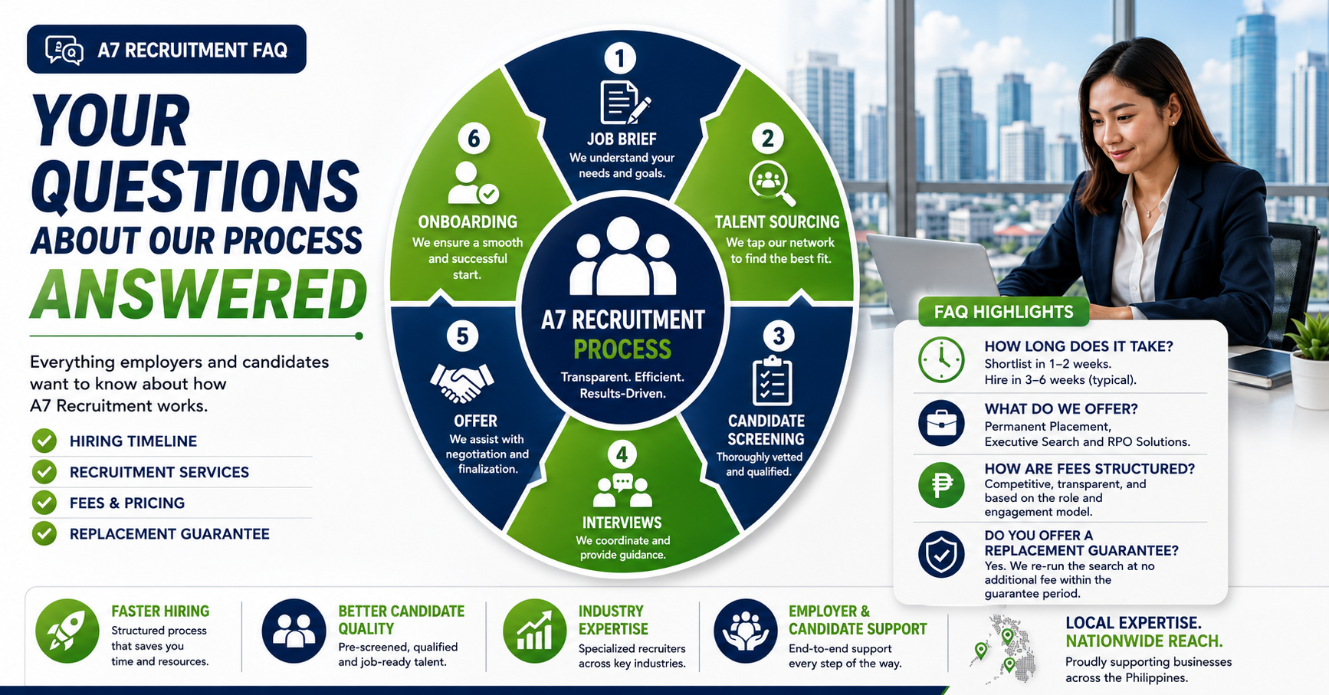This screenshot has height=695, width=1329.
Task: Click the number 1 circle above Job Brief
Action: coord(620,58)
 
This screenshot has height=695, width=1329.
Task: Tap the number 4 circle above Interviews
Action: coord(622,454)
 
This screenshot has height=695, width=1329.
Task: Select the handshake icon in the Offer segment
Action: coord(462,382)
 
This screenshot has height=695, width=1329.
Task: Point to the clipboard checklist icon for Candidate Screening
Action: coord(772,380)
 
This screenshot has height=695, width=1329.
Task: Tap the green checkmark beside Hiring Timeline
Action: coord(44,441)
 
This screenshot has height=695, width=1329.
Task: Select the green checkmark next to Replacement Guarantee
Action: coord(44,533)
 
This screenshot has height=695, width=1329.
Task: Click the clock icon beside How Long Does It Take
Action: coord(941,359)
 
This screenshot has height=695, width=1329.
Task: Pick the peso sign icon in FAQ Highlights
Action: coord(941,484)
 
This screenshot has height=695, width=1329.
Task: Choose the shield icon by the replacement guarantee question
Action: coord(941,554)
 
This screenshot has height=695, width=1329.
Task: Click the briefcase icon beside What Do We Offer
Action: coord(941,423)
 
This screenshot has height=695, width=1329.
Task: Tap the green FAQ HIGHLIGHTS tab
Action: coord(1004,312)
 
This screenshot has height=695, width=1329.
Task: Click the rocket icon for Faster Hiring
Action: coord(67,631)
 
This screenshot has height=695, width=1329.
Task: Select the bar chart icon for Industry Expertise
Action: coord(535,631)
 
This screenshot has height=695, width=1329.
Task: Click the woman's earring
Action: coord(1172,120)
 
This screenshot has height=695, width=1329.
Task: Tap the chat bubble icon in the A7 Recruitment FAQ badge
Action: coord(64,50)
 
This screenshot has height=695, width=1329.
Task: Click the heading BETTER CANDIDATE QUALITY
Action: coord(402,620)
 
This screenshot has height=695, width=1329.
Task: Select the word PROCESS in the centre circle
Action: coord(622,349)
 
